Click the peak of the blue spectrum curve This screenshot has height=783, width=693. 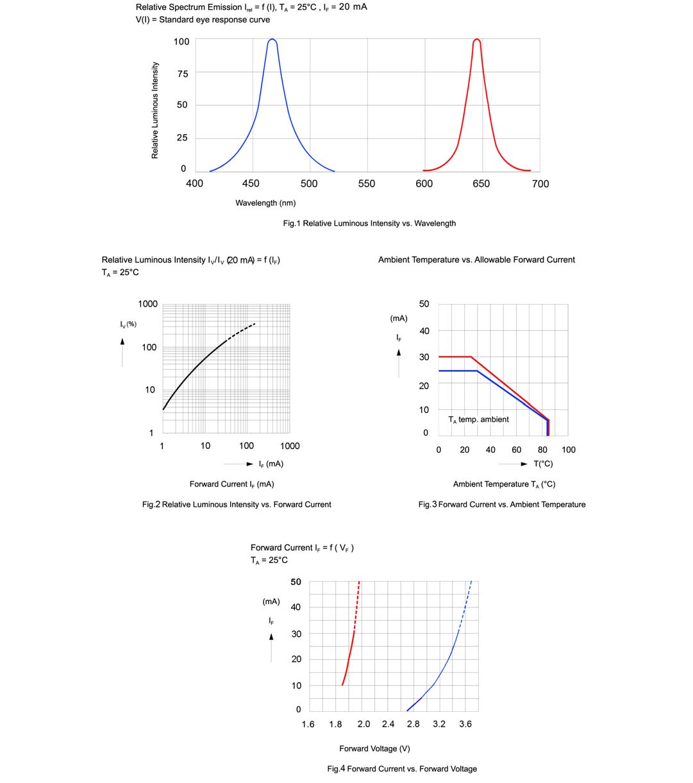coord(272,40)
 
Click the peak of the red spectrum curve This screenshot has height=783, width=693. coord(476,40)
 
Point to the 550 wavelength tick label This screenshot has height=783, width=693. coord(367,184)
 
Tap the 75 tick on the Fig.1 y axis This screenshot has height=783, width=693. coord(182,74)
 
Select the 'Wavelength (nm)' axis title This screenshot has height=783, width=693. coord(265,203)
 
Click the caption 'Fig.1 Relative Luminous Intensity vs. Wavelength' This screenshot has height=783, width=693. coord(369,224)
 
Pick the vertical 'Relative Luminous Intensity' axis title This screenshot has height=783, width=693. coord(154,110)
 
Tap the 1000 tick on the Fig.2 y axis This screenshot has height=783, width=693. coord(147,304)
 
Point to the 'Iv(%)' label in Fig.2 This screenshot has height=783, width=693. coord(128,324)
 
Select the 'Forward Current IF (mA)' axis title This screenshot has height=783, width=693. coord(231,484)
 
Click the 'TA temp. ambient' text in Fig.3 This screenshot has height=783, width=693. coord(478,419)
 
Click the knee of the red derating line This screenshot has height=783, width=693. coord(471,357)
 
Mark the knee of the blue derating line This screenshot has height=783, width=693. coord(477,371)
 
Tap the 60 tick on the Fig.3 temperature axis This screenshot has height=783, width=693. coord(517,450)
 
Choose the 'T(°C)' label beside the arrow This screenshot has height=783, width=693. coord(543,464)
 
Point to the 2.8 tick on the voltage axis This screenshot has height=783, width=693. coord(413,725)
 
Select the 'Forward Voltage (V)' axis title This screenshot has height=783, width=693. coord(374,748)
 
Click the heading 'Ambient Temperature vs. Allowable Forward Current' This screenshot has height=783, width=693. coord(476,260)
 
